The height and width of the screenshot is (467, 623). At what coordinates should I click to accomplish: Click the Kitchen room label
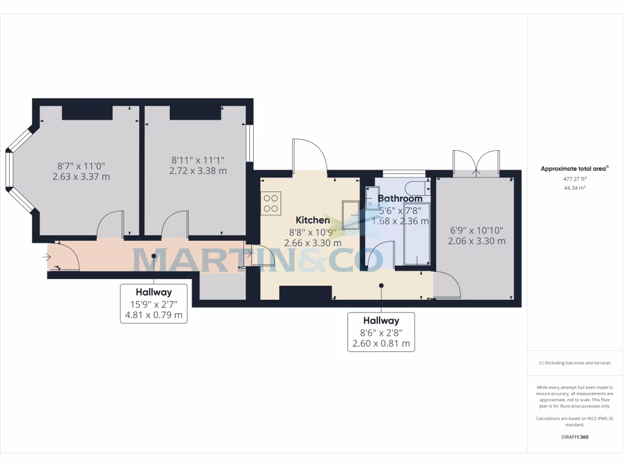tap(313, 220)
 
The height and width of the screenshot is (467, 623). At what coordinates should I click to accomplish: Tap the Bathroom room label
tap(400, 198)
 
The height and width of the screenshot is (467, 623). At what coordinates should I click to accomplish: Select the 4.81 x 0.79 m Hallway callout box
tap(153, 303)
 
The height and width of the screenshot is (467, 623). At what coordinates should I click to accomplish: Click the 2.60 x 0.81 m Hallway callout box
tap(381, 331)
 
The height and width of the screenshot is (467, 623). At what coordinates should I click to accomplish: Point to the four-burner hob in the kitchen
tap(271, 202)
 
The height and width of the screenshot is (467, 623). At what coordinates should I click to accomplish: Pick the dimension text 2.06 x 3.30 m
tap(476, 241)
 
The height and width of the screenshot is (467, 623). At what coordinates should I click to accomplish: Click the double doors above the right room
tap(476, 161)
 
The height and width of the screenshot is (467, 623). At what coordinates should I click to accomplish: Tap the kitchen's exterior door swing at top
tap(310, 155)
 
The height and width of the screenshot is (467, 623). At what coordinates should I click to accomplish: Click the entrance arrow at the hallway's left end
tap(46, 257)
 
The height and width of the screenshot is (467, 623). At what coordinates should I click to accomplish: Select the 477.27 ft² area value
tap(574, 179)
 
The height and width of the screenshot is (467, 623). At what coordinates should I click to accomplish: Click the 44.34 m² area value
tap(574, 188)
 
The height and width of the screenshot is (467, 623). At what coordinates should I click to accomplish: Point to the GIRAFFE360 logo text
tap(574, 437)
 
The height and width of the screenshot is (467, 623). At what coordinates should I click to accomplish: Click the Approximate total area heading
tap(574, 168)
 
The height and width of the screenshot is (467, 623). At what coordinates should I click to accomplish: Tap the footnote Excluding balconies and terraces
tap(574, 363)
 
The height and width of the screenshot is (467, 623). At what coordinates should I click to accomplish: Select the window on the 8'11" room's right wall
tap(249, 144)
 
